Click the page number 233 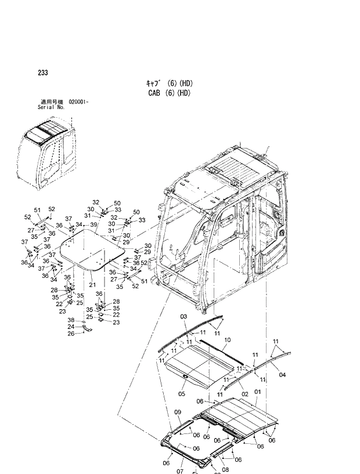(42, 73)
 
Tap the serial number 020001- (78, 102)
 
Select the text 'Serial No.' (51, 107)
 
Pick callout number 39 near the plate (93, 224)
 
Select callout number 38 (71, 320)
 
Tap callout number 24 (71, 327)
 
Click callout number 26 (71, 334)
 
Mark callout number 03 (183, 316)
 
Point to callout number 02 (245, 393)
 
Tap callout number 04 (282, 375)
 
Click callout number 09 (179, 413)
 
